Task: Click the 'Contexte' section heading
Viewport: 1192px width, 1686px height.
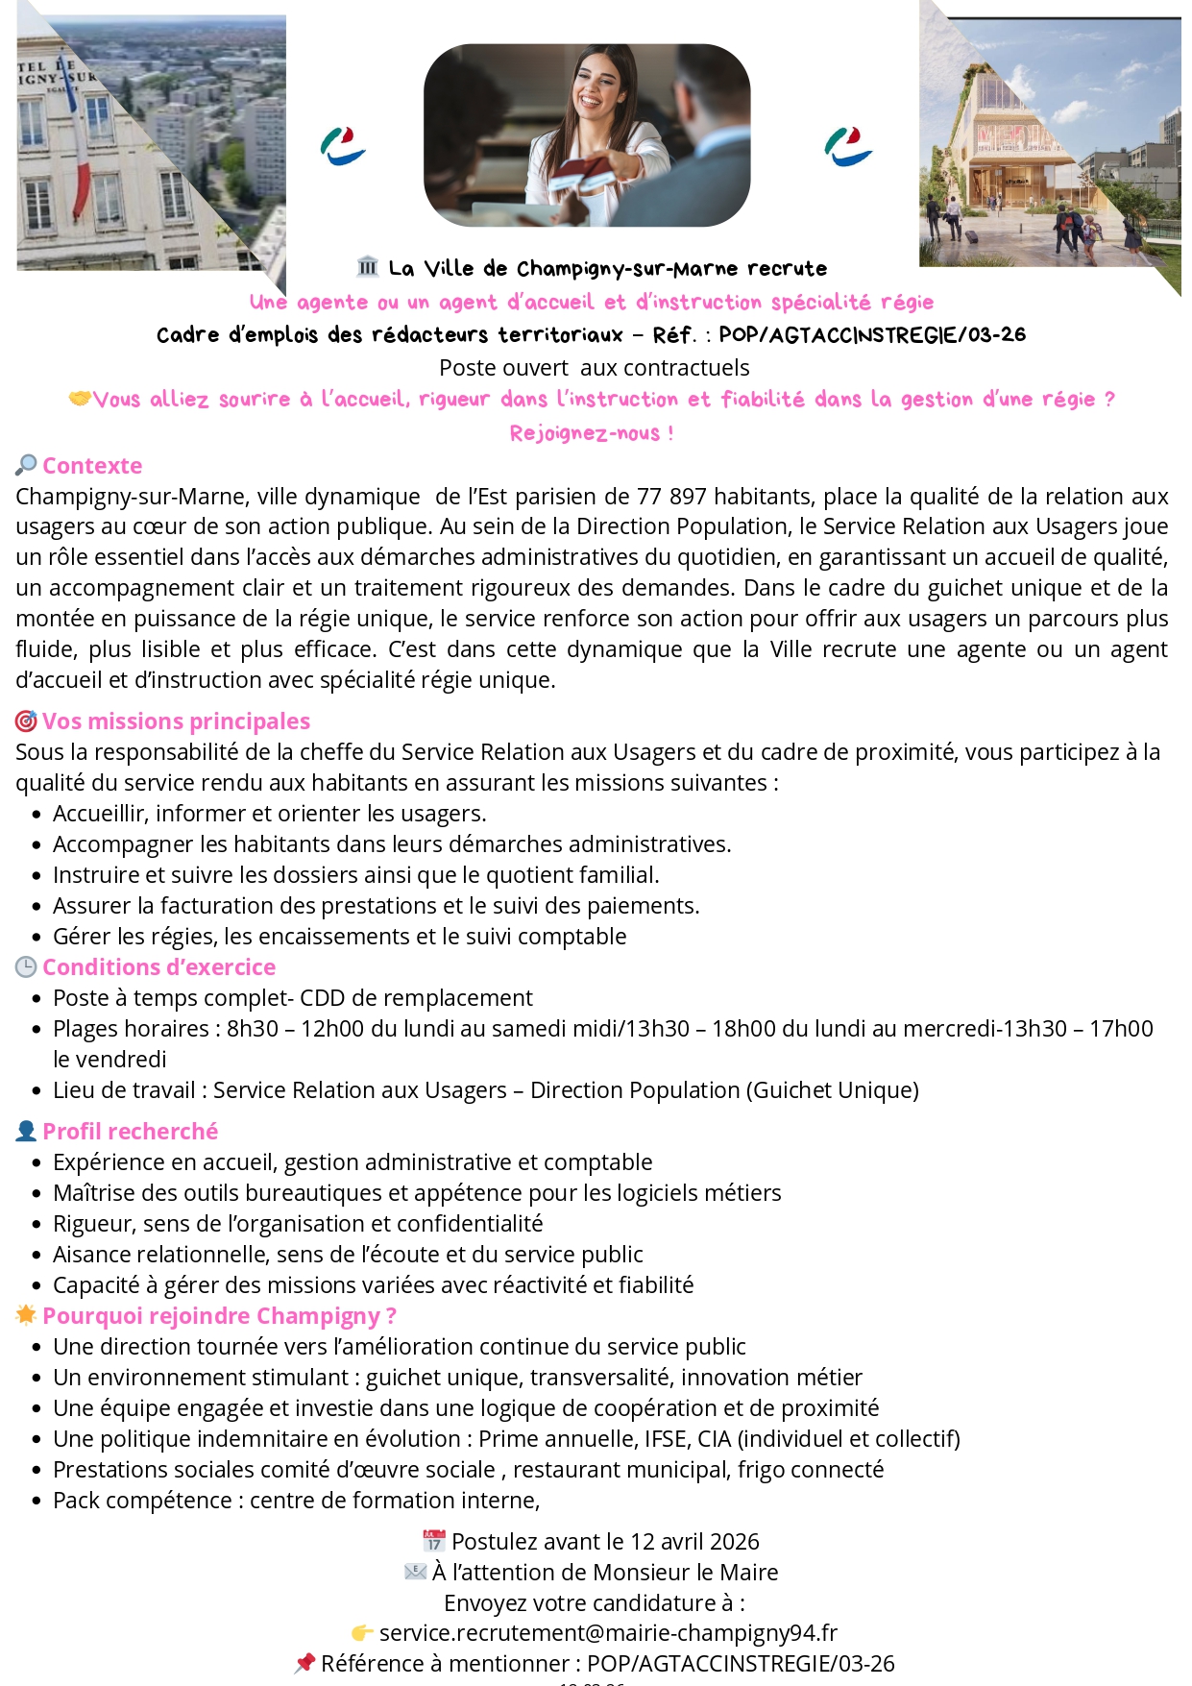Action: (x=92, y=466)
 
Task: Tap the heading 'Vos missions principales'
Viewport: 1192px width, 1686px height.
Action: (x=176, y=721)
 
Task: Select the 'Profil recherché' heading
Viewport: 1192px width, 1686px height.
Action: (x=130, y=1132)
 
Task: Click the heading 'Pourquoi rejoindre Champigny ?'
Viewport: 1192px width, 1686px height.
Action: (x=219, y=1316)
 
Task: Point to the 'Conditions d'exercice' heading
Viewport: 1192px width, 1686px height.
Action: (x=158, y=967)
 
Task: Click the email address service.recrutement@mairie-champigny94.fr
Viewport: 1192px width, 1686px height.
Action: (x=608, y=1633)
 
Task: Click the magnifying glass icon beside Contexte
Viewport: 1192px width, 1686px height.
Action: (x=26, y=466)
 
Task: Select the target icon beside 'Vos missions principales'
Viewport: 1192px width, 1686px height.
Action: (x=26, y=721)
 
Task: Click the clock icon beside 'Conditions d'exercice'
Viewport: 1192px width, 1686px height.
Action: (x=26, y=967)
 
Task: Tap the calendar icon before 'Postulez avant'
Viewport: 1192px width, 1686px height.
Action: (x=434, y=1542)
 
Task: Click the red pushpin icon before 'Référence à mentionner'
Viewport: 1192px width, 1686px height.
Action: (x=304, y=1663)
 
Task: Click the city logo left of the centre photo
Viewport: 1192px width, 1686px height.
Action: (x=343, y=146)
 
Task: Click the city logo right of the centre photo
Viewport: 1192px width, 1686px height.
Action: (x=848, y=146)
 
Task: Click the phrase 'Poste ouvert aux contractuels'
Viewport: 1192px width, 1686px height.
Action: (x=594, y=368)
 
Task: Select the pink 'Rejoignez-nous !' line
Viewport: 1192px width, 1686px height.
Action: (x=591, y=433)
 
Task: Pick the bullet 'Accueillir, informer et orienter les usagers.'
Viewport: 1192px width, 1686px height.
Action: (x=269, y=814)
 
